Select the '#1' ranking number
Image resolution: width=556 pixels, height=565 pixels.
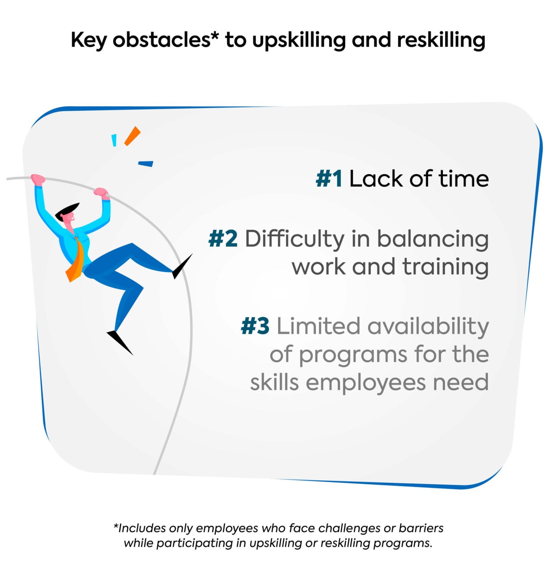tap(329, 178)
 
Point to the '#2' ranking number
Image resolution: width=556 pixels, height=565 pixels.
tap(223, 239)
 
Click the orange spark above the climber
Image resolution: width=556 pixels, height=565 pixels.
tap(133, 136)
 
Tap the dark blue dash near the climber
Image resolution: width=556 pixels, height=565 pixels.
tap(145, 164)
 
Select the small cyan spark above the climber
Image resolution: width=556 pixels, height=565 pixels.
tap(114, 140)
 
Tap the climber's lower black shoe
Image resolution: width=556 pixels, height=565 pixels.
tap(120, 342)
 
